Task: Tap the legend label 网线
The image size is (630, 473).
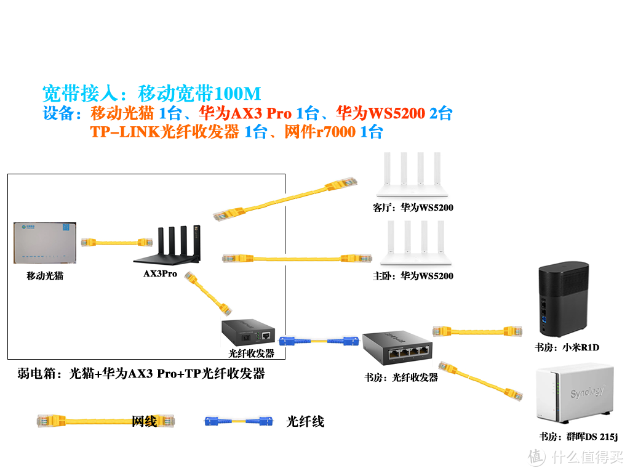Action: click(145, 421)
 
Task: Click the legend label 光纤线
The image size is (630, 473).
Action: click(305, 421)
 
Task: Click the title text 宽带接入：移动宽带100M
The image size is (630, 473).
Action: click(151, 94)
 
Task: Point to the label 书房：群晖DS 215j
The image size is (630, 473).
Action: click(578, 437)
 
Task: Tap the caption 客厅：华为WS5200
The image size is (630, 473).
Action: click(412, 208)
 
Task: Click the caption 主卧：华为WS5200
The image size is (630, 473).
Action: click(412, 276)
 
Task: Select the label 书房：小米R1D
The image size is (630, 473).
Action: click(566, 347)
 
